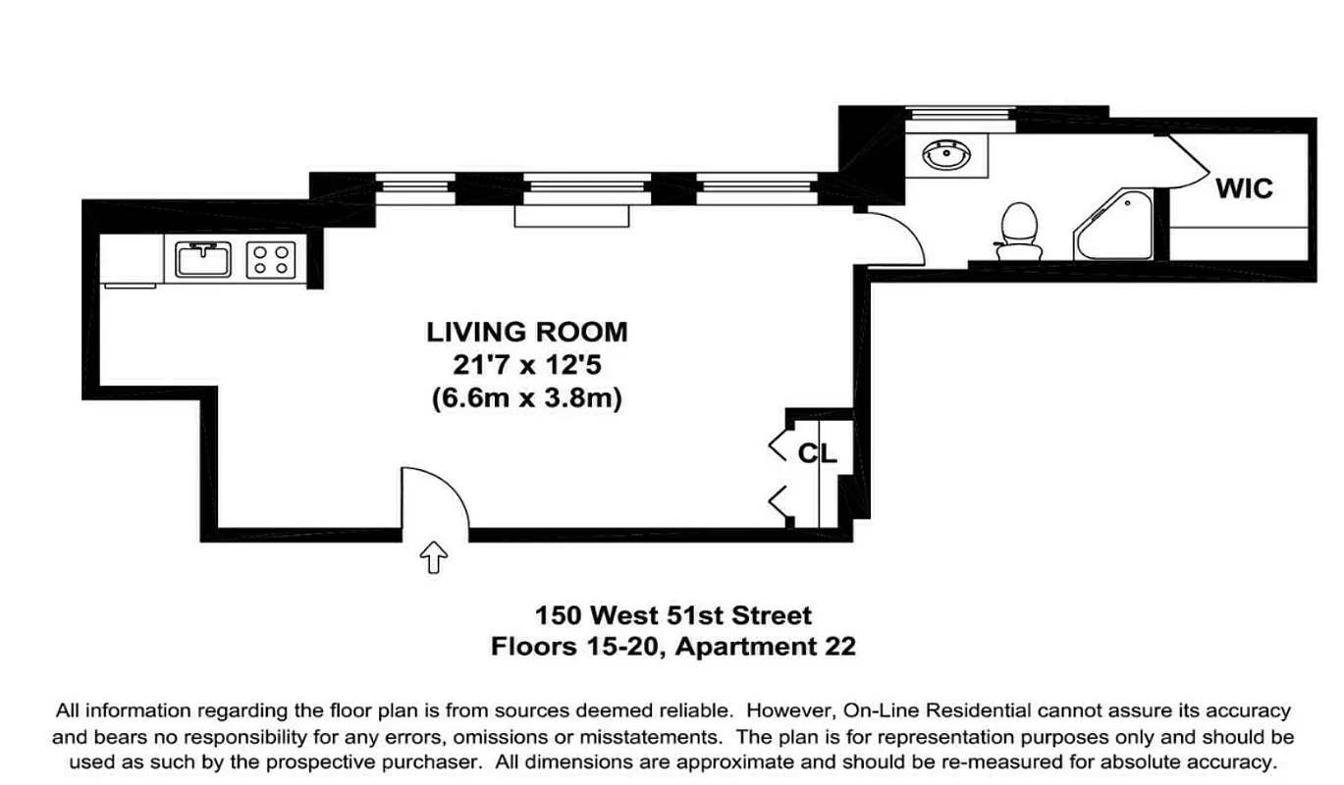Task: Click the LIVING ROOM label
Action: (526, 332)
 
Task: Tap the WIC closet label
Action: (1244, 187)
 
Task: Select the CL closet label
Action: (816, 453)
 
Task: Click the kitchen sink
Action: (202, 259)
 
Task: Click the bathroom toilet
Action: (1018, 231)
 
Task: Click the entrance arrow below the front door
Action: (433, 558)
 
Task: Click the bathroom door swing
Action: (893, 239)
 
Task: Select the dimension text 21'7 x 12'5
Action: (526, 366)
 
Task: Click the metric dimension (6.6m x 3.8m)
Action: (526, 399)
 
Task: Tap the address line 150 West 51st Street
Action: (672, 616)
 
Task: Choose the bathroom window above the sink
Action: (958, 114)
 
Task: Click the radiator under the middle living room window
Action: (570, 216)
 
